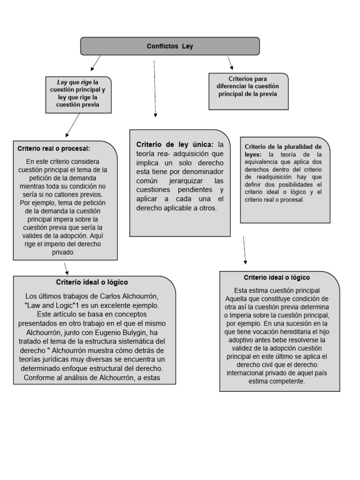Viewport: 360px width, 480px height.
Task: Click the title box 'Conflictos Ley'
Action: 170,46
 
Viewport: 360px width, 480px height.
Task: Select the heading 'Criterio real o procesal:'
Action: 53,148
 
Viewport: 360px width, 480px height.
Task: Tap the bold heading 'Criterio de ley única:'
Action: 175,144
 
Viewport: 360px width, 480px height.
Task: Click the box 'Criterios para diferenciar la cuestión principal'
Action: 247,86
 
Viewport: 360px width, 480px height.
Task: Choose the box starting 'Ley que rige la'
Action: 78,94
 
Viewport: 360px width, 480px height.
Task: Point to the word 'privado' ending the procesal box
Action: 65,252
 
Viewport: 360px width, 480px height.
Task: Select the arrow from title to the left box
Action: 95,62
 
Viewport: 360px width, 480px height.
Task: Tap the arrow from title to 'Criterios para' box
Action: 230,63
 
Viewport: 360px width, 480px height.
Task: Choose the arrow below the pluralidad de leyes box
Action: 244,250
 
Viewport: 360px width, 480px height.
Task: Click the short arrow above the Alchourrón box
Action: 67,268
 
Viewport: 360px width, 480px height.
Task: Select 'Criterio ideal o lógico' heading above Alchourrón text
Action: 92,282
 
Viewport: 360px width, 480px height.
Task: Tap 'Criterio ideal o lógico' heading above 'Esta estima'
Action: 277,277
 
